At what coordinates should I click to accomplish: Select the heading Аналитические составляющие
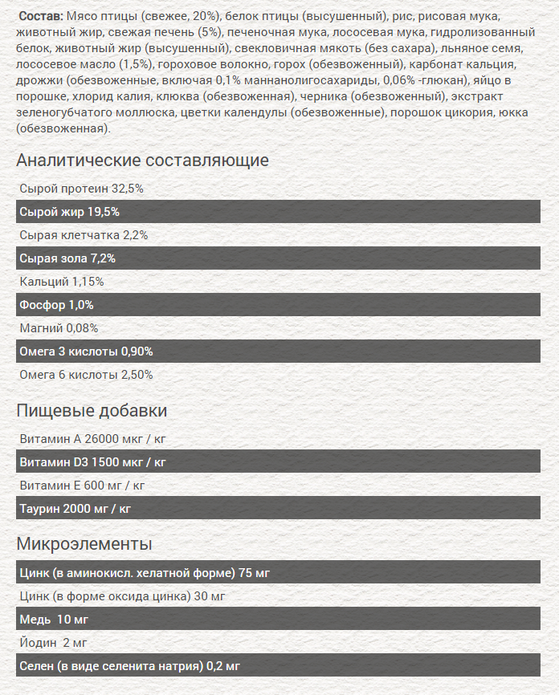142,160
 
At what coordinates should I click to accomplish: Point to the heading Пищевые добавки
92,411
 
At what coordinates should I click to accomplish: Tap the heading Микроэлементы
84,544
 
